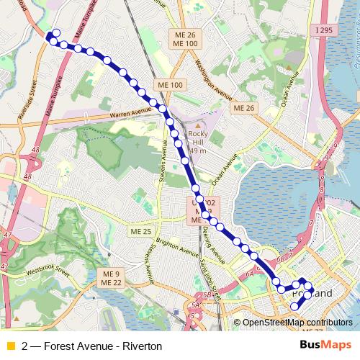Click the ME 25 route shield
(x=140, y=231)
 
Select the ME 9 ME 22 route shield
(x=110, y=278)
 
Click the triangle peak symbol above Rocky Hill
(x=197, y=125)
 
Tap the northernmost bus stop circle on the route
(x=55, y=32)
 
